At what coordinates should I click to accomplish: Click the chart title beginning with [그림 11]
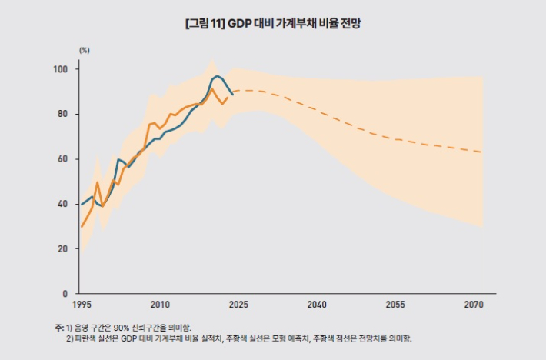click(x=273, y=23)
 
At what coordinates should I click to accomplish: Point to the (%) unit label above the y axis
click(x=85, y=49)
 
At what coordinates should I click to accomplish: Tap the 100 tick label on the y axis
click(x=61, y=69)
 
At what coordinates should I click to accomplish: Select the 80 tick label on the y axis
click(x=63, y=114)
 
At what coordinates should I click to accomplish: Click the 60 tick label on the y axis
click(x=63, y=159)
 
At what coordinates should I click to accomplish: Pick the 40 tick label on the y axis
click(x=63, y=204)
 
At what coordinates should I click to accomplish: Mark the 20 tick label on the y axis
click(x=63, y=249)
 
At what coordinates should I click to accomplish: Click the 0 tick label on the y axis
click(x=65, y=294)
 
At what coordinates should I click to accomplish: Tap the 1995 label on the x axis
click(x=82, y=305)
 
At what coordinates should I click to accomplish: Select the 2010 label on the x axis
click(x=160, y=305)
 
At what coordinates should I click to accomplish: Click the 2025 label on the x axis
click(x=238, y=305)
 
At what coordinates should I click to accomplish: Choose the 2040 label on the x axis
click(x=317, y=305)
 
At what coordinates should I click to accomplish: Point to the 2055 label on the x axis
click(x=396, y=305)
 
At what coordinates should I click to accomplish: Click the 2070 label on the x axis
click(x=474, y=305)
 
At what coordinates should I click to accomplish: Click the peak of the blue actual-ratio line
click(x=217, y=76)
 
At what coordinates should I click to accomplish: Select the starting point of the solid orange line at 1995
click(x=82, y=226)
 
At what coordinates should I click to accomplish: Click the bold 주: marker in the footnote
click(x=59, y=327)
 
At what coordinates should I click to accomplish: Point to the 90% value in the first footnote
click(x=120, y=327)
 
